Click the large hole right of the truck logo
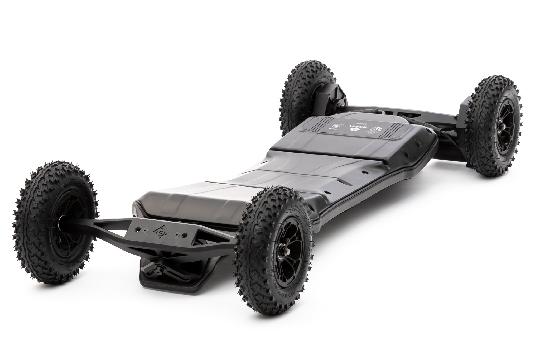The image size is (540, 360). pos(186,234)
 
